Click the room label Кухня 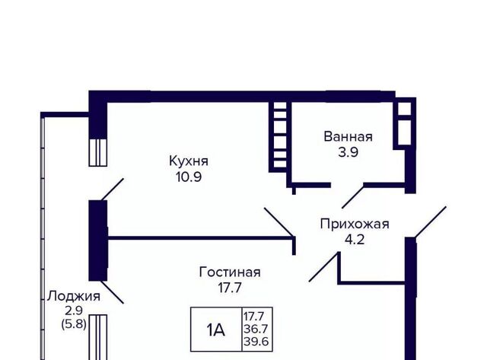point(189,161)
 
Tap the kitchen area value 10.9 point(189,177)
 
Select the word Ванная point(348,137)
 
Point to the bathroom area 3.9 point(349,152)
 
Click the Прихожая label point(355,224)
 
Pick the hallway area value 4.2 point(355,240)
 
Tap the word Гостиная point(230,272)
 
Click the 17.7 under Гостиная point(230,288)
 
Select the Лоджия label point(74,296)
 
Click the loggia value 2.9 point(74,310)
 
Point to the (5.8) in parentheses point(74,324)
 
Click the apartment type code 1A point(216,330)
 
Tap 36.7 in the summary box point(256,329)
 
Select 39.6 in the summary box point(256,342)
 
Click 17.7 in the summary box point(253,317)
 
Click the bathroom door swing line point(353,196)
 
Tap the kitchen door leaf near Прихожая point(279,222)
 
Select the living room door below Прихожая point(323,267)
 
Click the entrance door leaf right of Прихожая point(431,222)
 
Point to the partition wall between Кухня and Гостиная point(201,238)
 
